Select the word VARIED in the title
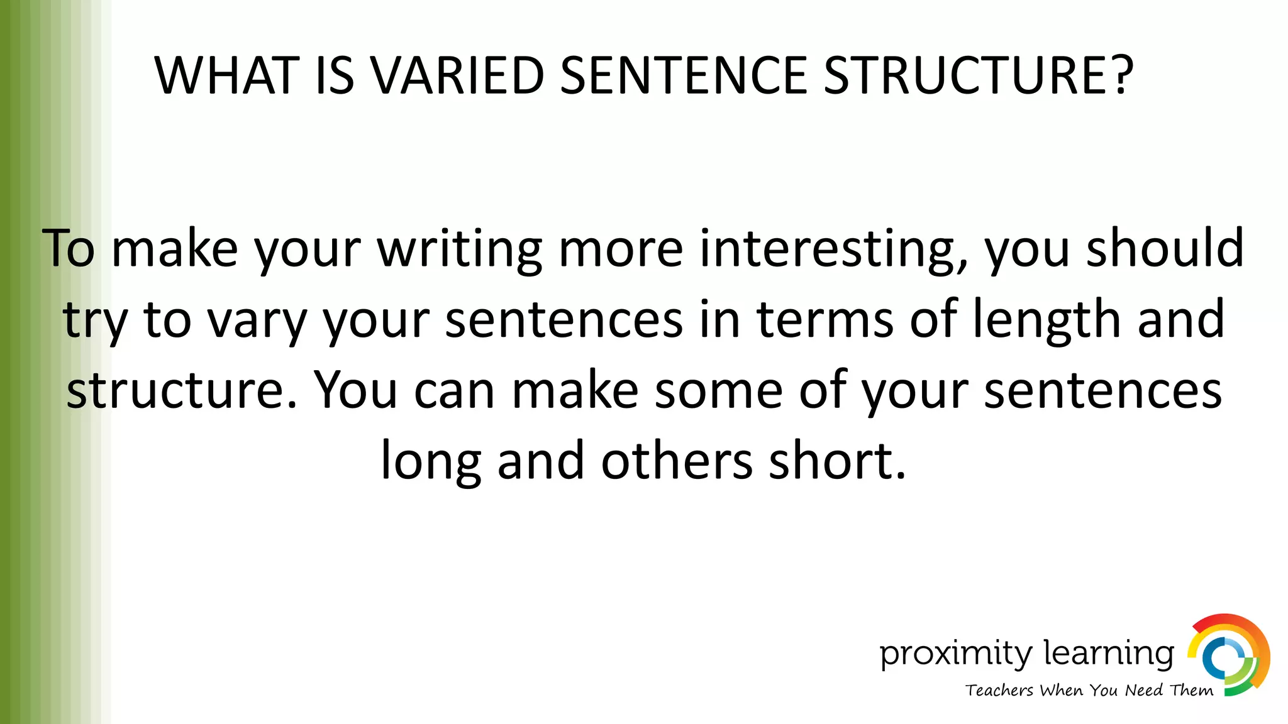(457, 76)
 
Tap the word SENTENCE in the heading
(682, 76)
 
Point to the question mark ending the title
(1121, 76)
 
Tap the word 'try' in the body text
(95, 321)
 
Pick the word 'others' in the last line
(677, 461)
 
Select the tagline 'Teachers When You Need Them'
(1089, 691)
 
